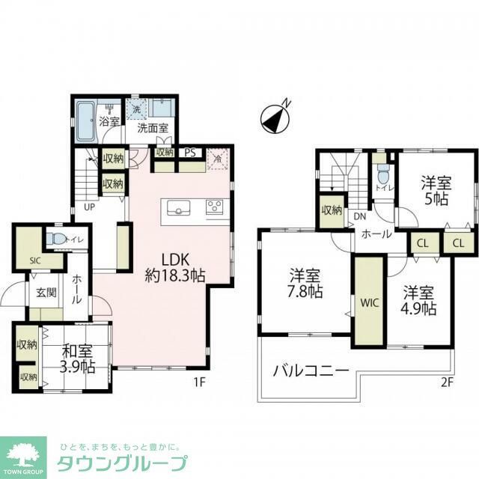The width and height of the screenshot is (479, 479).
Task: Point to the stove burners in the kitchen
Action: click(215, 207)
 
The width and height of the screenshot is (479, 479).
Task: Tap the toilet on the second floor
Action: click(382, 178)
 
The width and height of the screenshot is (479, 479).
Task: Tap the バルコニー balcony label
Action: click(311, 370)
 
